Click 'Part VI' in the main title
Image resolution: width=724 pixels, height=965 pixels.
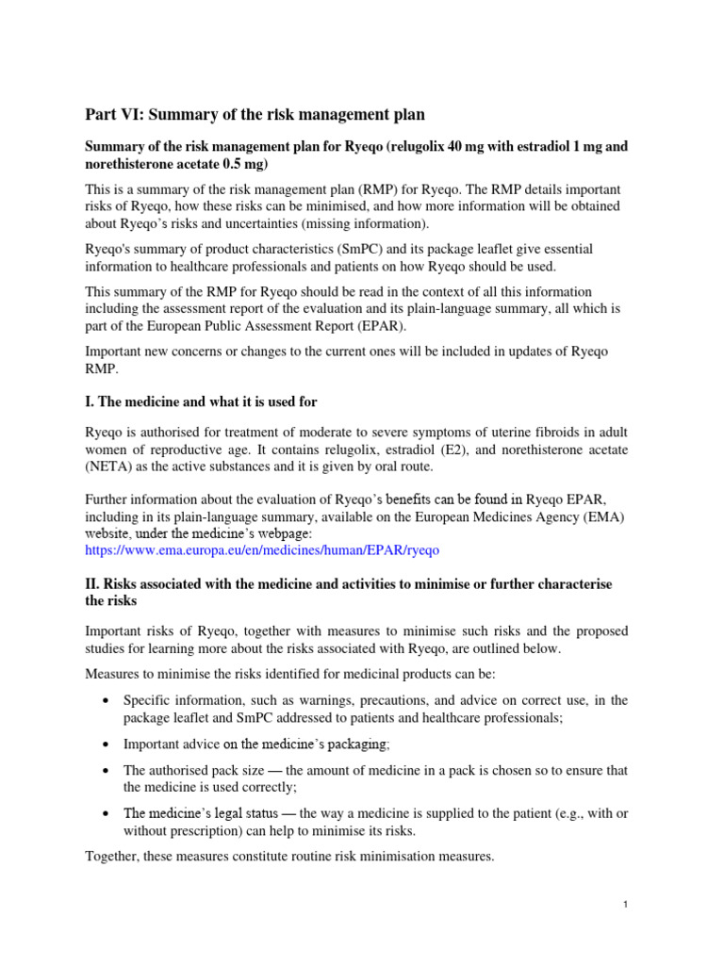tap(114, 115)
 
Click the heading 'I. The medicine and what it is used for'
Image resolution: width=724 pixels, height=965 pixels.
tap(201, 401)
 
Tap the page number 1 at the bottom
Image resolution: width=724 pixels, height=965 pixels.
tap(625, 905)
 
